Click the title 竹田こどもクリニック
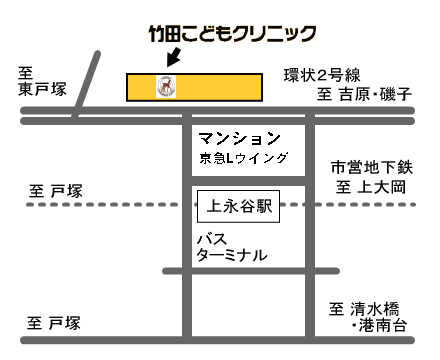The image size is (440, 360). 232,34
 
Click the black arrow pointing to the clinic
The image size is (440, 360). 174,57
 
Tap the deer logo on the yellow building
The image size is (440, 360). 166,87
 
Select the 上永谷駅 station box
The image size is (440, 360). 239,206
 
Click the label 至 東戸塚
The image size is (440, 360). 42,82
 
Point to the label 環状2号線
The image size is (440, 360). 322,75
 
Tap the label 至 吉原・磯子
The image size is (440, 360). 364,94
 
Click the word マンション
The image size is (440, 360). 239,138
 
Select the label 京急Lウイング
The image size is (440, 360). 244,158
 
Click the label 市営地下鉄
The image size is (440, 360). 372,167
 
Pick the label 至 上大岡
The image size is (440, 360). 371,187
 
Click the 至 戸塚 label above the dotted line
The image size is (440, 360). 56,191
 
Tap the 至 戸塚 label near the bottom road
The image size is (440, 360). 54,323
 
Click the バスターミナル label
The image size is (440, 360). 232,247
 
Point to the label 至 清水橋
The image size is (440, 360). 364,309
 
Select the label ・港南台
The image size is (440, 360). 380,325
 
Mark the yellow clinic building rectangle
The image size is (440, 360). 194,87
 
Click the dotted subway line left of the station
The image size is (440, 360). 103,204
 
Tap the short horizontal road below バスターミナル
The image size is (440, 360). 251,271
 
